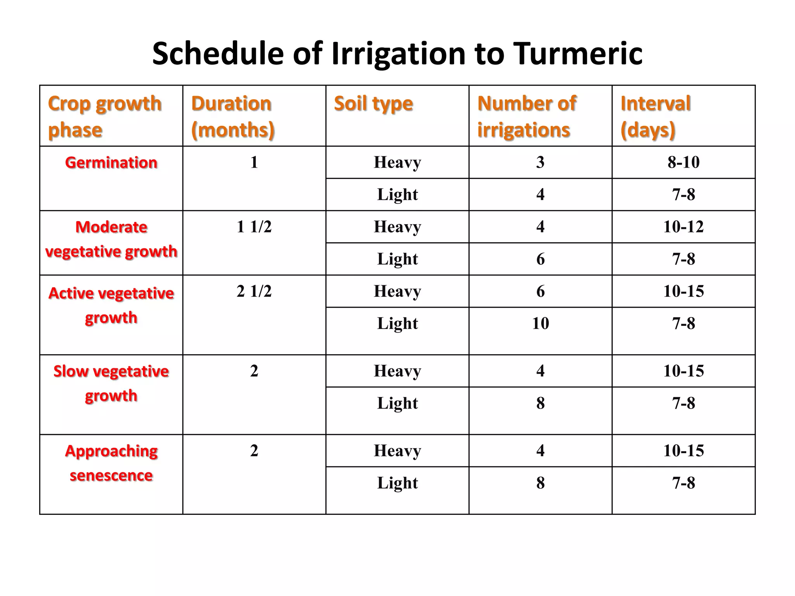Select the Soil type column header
373,104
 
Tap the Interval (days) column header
655,116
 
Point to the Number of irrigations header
526,116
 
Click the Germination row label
111,163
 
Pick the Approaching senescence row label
111,463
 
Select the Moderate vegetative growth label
111,239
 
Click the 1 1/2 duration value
254,227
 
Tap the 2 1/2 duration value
254,291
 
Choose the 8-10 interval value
684,162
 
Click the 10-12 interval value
684,227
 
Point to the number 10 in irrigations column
540,323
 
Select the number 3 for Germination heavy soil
540,162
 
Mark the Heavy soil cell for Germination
397,162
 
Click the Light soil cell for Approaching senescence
397,483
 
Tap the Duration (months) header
233,116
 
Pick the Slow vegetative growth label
111,383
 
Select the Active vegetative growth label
111,305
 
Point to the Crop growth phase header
104,116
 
